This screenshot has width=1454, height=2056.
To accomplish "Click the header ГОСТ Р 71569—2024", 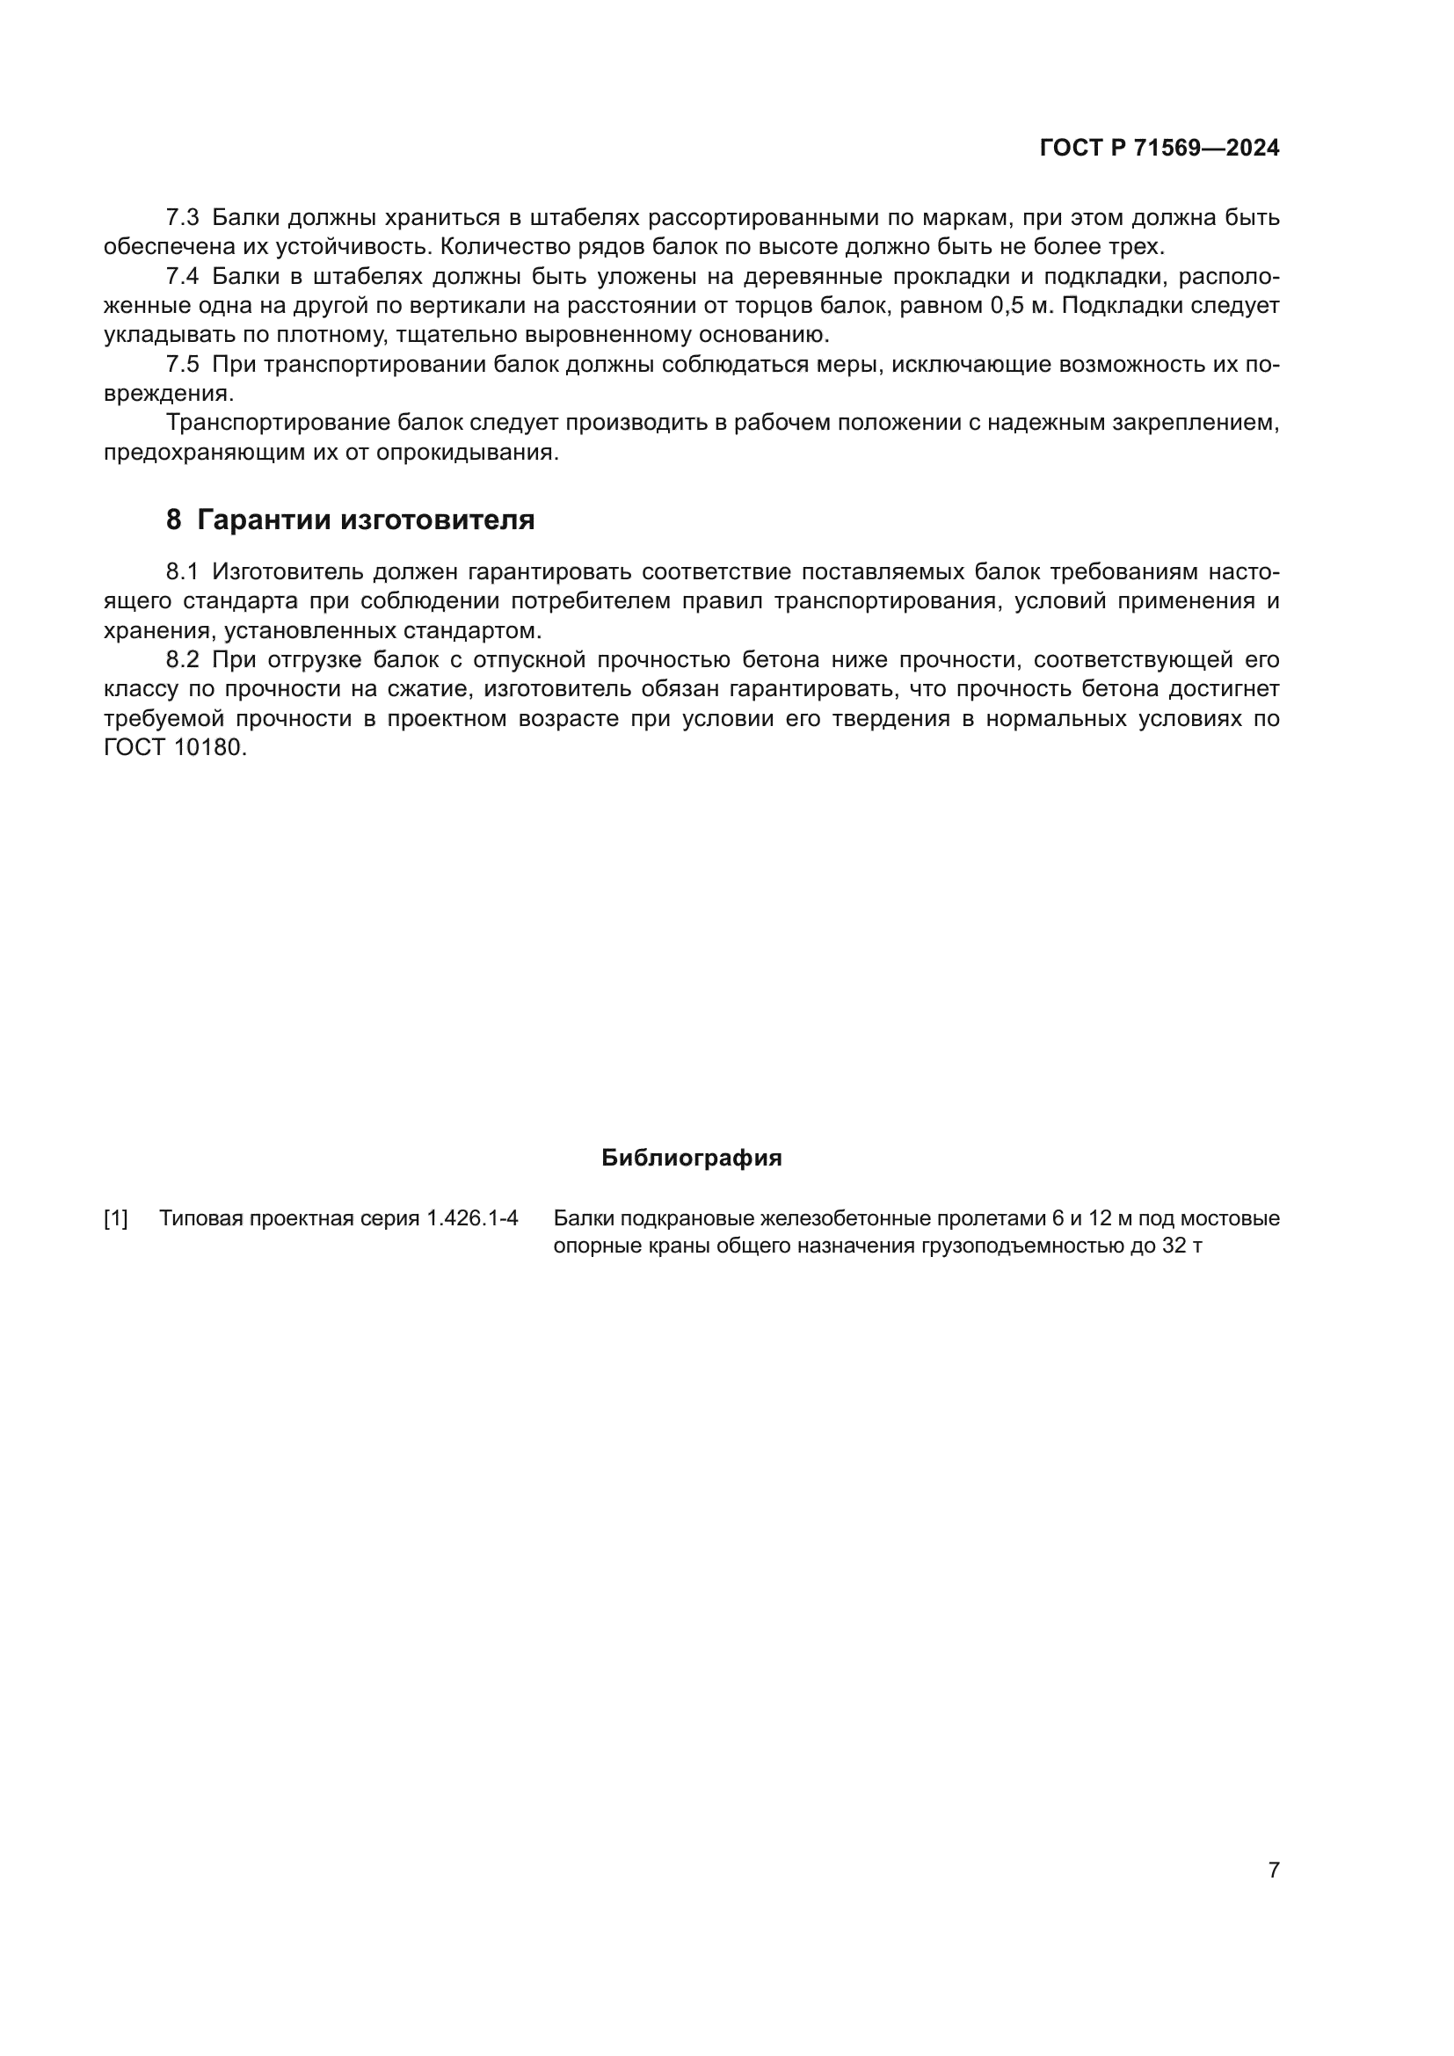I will (1159, 149).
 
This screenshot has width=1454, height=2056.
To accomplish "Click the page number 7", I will (1273, 1870).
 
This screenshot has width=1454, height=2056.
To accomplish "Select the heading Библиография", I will (691, 1158).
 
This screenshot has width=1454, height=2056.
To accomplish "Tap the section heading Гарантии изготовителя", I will (366, 520).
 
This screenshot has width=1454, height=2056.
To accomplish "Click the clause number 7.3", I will (183, 218).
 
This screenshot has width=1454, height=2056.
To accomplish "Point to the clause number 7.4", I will (183, 277).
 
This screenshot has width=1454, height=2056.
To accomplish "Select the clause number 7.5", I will (183, 365).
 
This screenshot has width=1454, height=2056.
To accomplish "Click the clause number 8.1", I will (183, 572).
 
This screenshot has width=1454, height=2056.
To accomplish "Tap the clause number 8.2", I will (183, 660).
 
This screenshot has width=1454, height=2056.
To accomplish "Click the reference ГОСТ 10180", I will (174, 748).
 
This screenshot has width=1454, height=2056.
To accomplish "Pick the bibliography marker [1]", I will (115, 1218).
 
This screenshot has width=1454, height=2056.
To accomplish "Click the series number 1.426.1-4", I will (472, 1218).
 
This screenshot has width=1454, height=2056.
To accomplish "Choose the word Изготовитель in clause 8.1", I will (287, 572).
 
